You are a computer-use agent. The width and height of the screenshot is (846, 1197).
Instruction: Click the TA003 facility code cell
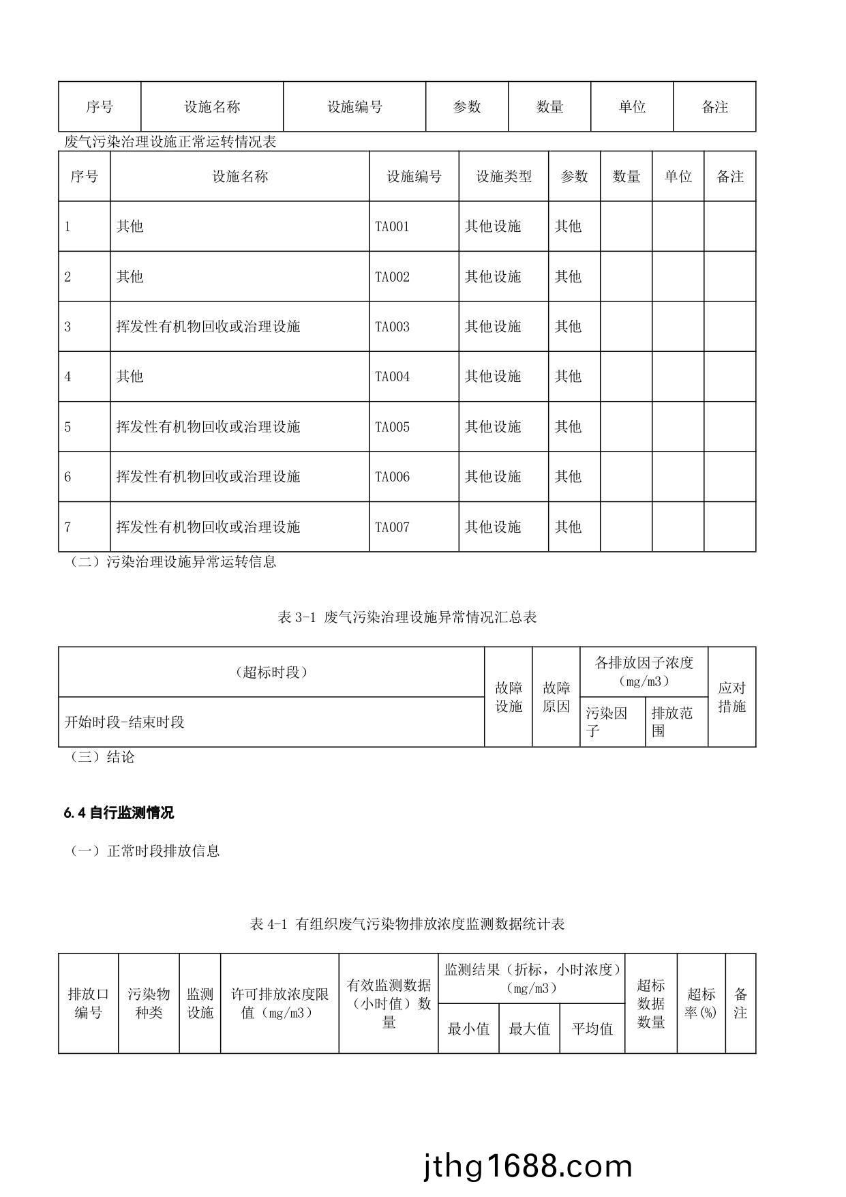coord(393,327)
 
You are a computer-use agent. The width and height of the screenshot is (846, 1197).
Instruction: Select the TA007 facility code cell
coord(393,527)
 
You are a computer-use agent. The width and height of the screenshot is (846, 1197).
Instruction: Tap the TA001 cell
coord(393,226)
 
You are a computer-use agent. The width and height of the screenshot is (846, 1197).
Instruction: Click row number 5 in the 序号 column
coord(67,427)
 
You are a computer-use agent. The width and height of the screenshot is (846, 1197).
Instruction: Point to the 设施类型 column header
coord(503,177)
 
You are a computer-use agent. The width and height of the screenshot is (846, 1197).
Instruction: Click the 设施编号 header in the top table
coord(354,107)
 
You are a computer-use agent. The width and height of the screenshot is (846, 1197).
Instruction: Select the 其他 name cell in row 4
coord(130,376)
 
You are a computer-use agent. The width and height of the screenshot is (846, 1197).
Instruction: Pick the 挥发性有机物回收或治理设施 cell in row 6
coord(208,477)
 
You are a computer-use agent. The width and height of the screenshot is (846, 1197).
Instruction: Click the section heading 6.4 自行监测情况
coord(119,812)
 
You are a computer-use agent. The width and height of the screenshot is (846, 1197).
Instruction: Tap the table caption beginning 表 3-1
coord(407,617)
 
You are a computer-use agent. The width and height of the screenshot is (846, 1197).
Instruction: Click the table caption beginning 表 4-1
coord(407,924)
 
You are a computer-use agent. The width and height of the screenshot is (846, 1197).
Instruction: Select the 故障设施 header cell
coord(509,697)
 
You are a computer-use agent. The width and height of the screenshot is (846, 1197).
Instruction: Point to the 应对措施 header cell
coord(731,697)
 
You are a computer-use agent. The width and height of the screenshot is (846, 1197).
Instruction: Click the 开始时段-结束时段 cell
coord(125,722)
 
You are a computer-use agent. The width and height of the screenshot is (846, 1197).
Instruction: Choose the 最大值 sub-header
coord(529,1029)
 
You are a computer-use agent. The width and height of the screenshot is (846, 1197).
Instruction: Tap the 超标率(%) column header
coord(701,1003)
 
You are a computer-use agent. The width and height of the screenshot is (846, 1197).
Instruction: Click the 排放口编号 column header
coord(88,1003)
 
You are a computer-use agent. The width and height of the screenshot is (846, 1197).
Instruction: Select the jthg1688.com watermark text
coord(528,1167)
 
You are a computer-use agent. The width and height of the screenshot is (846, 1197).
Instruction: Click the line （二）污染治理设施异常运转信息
coord(173,562)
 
